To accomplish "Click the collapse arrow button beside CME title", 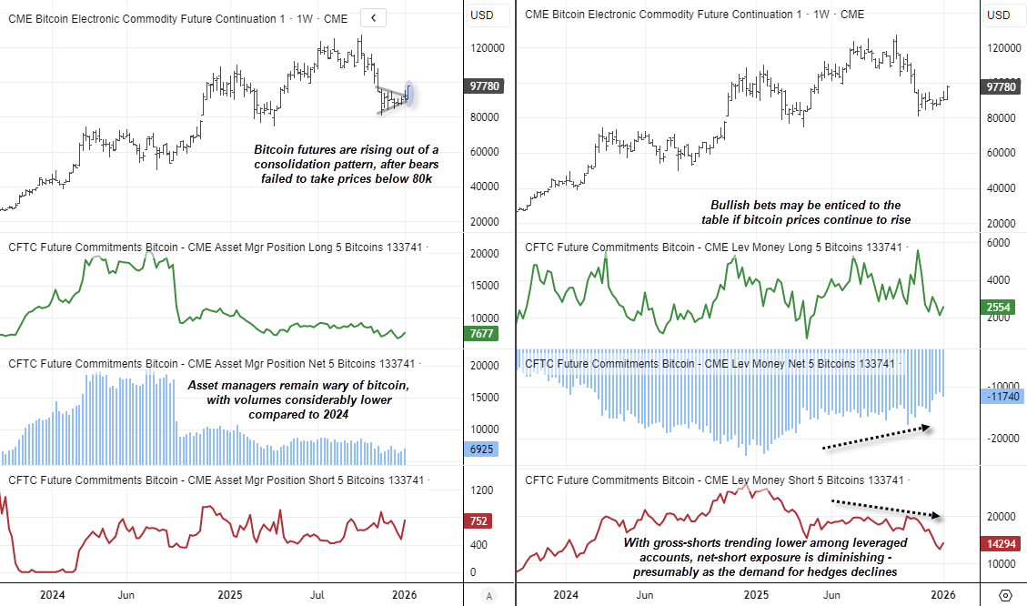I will pos(373,17).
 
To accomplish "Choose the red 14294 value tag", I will pos(999,543).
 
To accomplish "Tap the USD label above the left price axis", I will pos(482,15).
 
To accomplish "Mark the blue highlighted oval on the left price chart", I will pos(409,93).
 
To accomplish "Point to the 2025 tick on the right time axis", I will pos(757,595).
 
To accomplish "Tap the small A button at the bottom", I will pos(490,595).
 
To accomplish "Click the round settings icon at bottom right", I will pos(1004,595).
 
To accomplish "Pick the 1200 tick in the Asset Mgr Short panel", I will pos(483,490).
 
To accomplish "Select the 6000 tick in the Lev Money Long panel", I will pos(998,243).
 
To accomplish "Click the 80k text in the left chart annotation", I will pos(418,179).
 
